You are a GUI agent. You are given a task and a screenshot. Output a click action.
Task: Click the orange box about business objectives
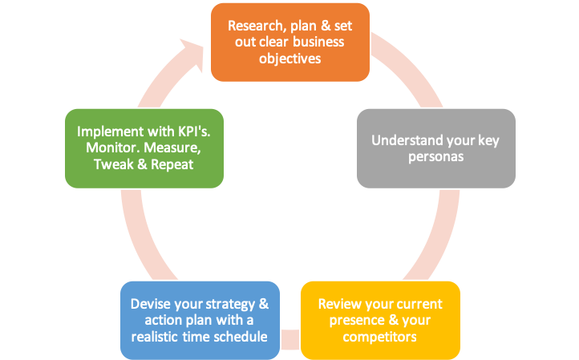290,42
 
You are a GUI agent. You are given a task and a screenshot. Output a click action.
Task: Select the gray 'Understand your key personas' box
436,148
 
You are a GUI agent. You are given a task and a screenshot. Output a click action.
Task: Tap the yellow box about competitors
380,320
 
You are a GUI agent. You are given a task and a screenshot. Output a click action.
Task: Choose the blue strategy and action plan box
200,320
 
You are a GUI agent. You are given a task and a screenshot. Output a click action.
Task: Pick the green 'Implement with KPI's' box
144,148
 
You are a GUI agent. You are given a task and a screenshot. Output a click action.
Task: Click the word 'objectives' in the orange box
290,59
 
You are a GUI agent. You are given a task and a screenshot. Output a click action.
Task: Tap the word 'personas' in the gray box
436,157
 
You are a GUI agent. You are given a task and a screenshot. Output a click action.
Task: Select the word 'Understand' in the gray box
403,140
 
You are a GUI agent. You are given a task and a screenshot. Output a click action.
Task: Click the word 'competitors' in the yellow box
380,337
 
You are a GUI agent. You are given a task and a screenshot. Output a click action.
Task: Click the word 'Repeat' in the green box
172,164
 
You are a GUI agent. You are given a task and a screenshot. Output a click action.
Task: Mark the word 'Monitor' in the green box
113,148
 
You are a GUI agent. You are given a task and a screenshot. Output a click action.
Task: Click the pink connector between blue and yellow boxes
290,340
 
